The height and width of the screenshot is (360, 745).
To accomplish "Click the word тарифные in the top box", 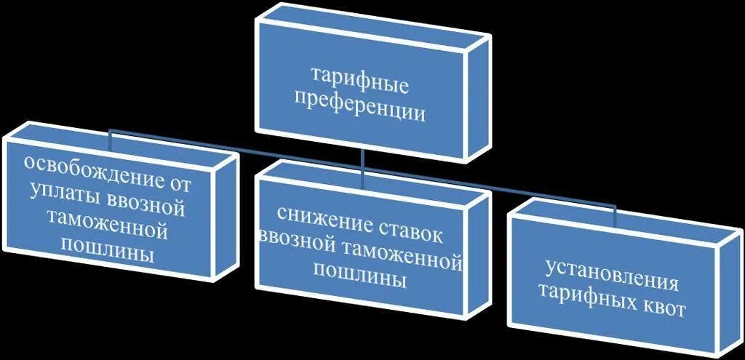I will point(359,79).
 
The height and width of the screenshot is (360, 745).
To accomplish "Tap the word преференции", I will point(360,111).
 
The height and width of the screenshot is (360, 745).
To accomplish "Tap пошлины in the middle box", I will point(360,277).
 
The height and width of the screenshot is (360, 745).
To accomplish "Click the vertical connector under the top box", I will point(362,161).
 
